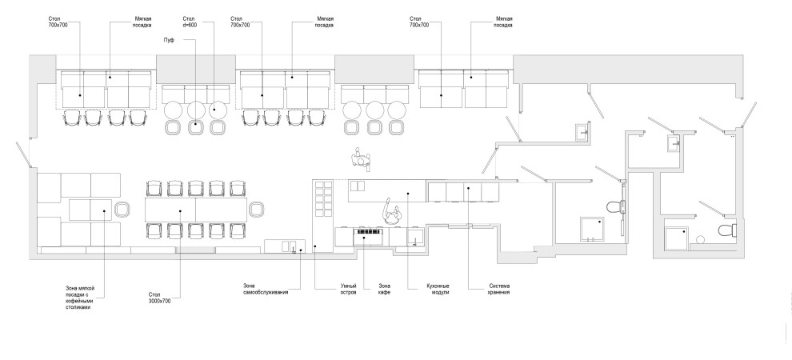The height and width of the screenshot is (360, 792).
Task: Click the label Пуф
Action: (170, 39)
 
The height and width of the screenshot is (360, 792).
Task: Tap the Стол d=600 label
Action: (189, 22)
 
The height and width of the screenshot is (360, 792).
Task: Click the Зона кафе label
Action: (384, 290)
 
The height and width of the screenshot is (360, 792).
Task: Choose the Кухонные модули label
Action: (438, 290)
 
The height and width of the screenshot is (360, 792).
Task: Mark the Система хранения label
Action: (499, 290)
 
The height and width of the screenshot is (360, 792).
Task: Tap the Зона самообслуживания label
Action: (266, 290)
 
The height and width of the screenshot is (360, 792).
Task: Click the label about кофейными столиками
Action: (81, 298)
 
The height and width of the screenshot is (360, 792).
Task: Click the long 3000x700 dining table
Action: (196, 210)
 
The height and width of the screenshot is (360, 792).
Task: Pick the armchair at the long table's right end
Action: (257, 209)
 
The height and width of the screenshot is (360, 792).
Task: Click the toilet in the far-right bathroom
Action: (728, 230)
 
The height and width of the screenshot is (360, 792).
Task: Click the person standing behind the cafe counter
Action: (391, 212)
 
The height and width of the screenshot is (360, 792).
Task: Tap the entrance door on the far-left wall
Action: (23, 154)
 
